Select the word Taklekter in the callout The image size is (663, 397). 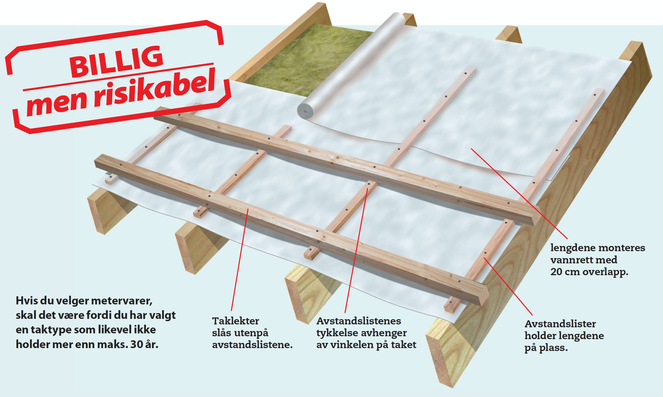pyautogui.click(x=235, y=321)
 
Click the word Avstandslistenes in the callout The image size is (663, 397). pyautogui.click(x=359, y=321)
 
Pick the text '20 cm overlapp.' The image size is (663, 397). pyautogui.click(x=589, y=272)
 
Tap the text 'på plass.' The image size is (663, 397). pyautogui.click(x=546, y=348)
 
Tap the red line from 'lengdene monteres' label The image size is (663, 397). pyautogui.click(x=519, y=194)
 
